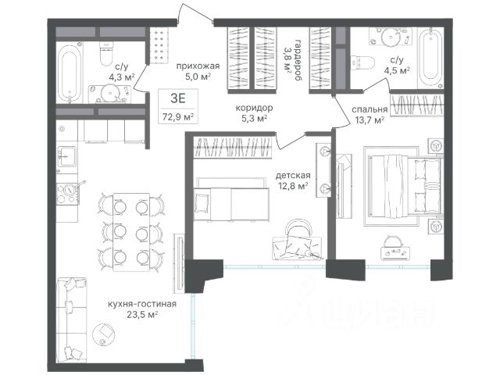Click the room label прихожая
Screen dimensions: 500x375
[x=198, y=66]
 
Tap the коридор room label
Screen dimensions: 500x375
[x=254, y=108]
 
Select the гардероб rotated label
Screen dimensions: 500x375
[x=298, y=60]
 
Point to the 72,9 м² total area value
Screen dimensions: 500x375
[x=178, y=116]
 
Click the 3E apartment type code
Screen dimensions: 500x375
[x=178, y=98]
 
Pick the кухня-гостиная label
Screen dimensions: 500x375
[x=142, y=304]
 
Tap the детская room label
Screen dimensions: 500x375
[x=293, y=175]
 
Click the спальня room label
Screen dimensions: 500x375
[x=370, y=109]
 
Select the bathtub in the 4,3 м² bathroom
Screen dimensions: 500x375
[x=70, y=74]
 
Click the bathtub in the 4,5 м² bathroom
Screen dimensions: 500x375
[x=430, y=59]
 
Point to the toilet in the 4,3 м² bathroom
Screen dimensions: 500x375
[x=106, y=54]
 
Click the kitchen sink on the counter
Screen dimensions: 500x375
[x=67, y=156]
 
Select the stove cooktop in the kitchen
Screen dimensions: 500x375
[x=68, y=194]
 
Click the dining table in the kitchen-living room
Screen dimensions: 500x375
[x=131, y=232]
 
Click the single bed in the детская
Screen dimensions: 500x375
[x=231, y=204]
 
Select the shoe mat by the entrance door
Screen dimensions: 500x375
[x=159, y=45]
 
